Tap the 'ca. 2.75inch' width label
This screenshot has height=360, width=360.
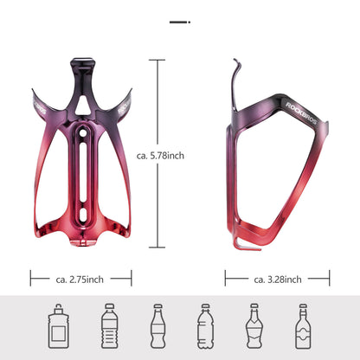tap(81, 279)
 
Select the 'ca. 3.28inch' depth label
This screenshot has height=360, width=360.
tap(278, 279)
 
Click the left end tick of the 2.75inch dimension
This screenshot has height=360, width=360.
tap(31, 279)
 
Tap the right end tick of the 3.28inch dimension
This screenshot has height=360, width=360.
tap(330, 279)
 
